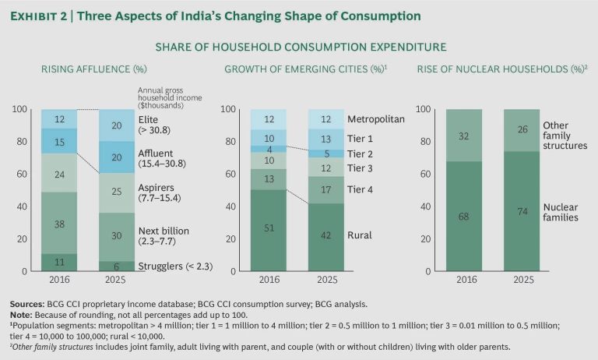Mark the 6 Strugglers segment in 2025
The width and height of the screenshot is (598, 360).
(x=116, y=266)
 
